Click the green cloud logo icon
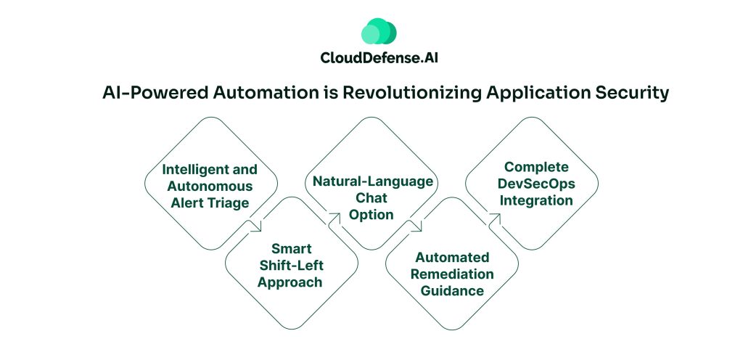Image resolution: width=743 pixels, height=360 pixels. (x=378, y=32)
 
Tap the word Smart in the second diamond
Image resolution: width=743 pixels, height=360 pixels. (x=291, y=249)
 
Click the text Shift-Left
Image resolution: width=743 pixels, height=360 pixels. (x=291, y=266)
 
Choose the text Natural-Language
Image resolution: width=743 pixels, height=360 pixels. (x=371, y=181)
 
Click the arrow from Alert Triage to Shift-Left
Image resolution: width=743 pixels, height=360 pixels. (x=255, y=226)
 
